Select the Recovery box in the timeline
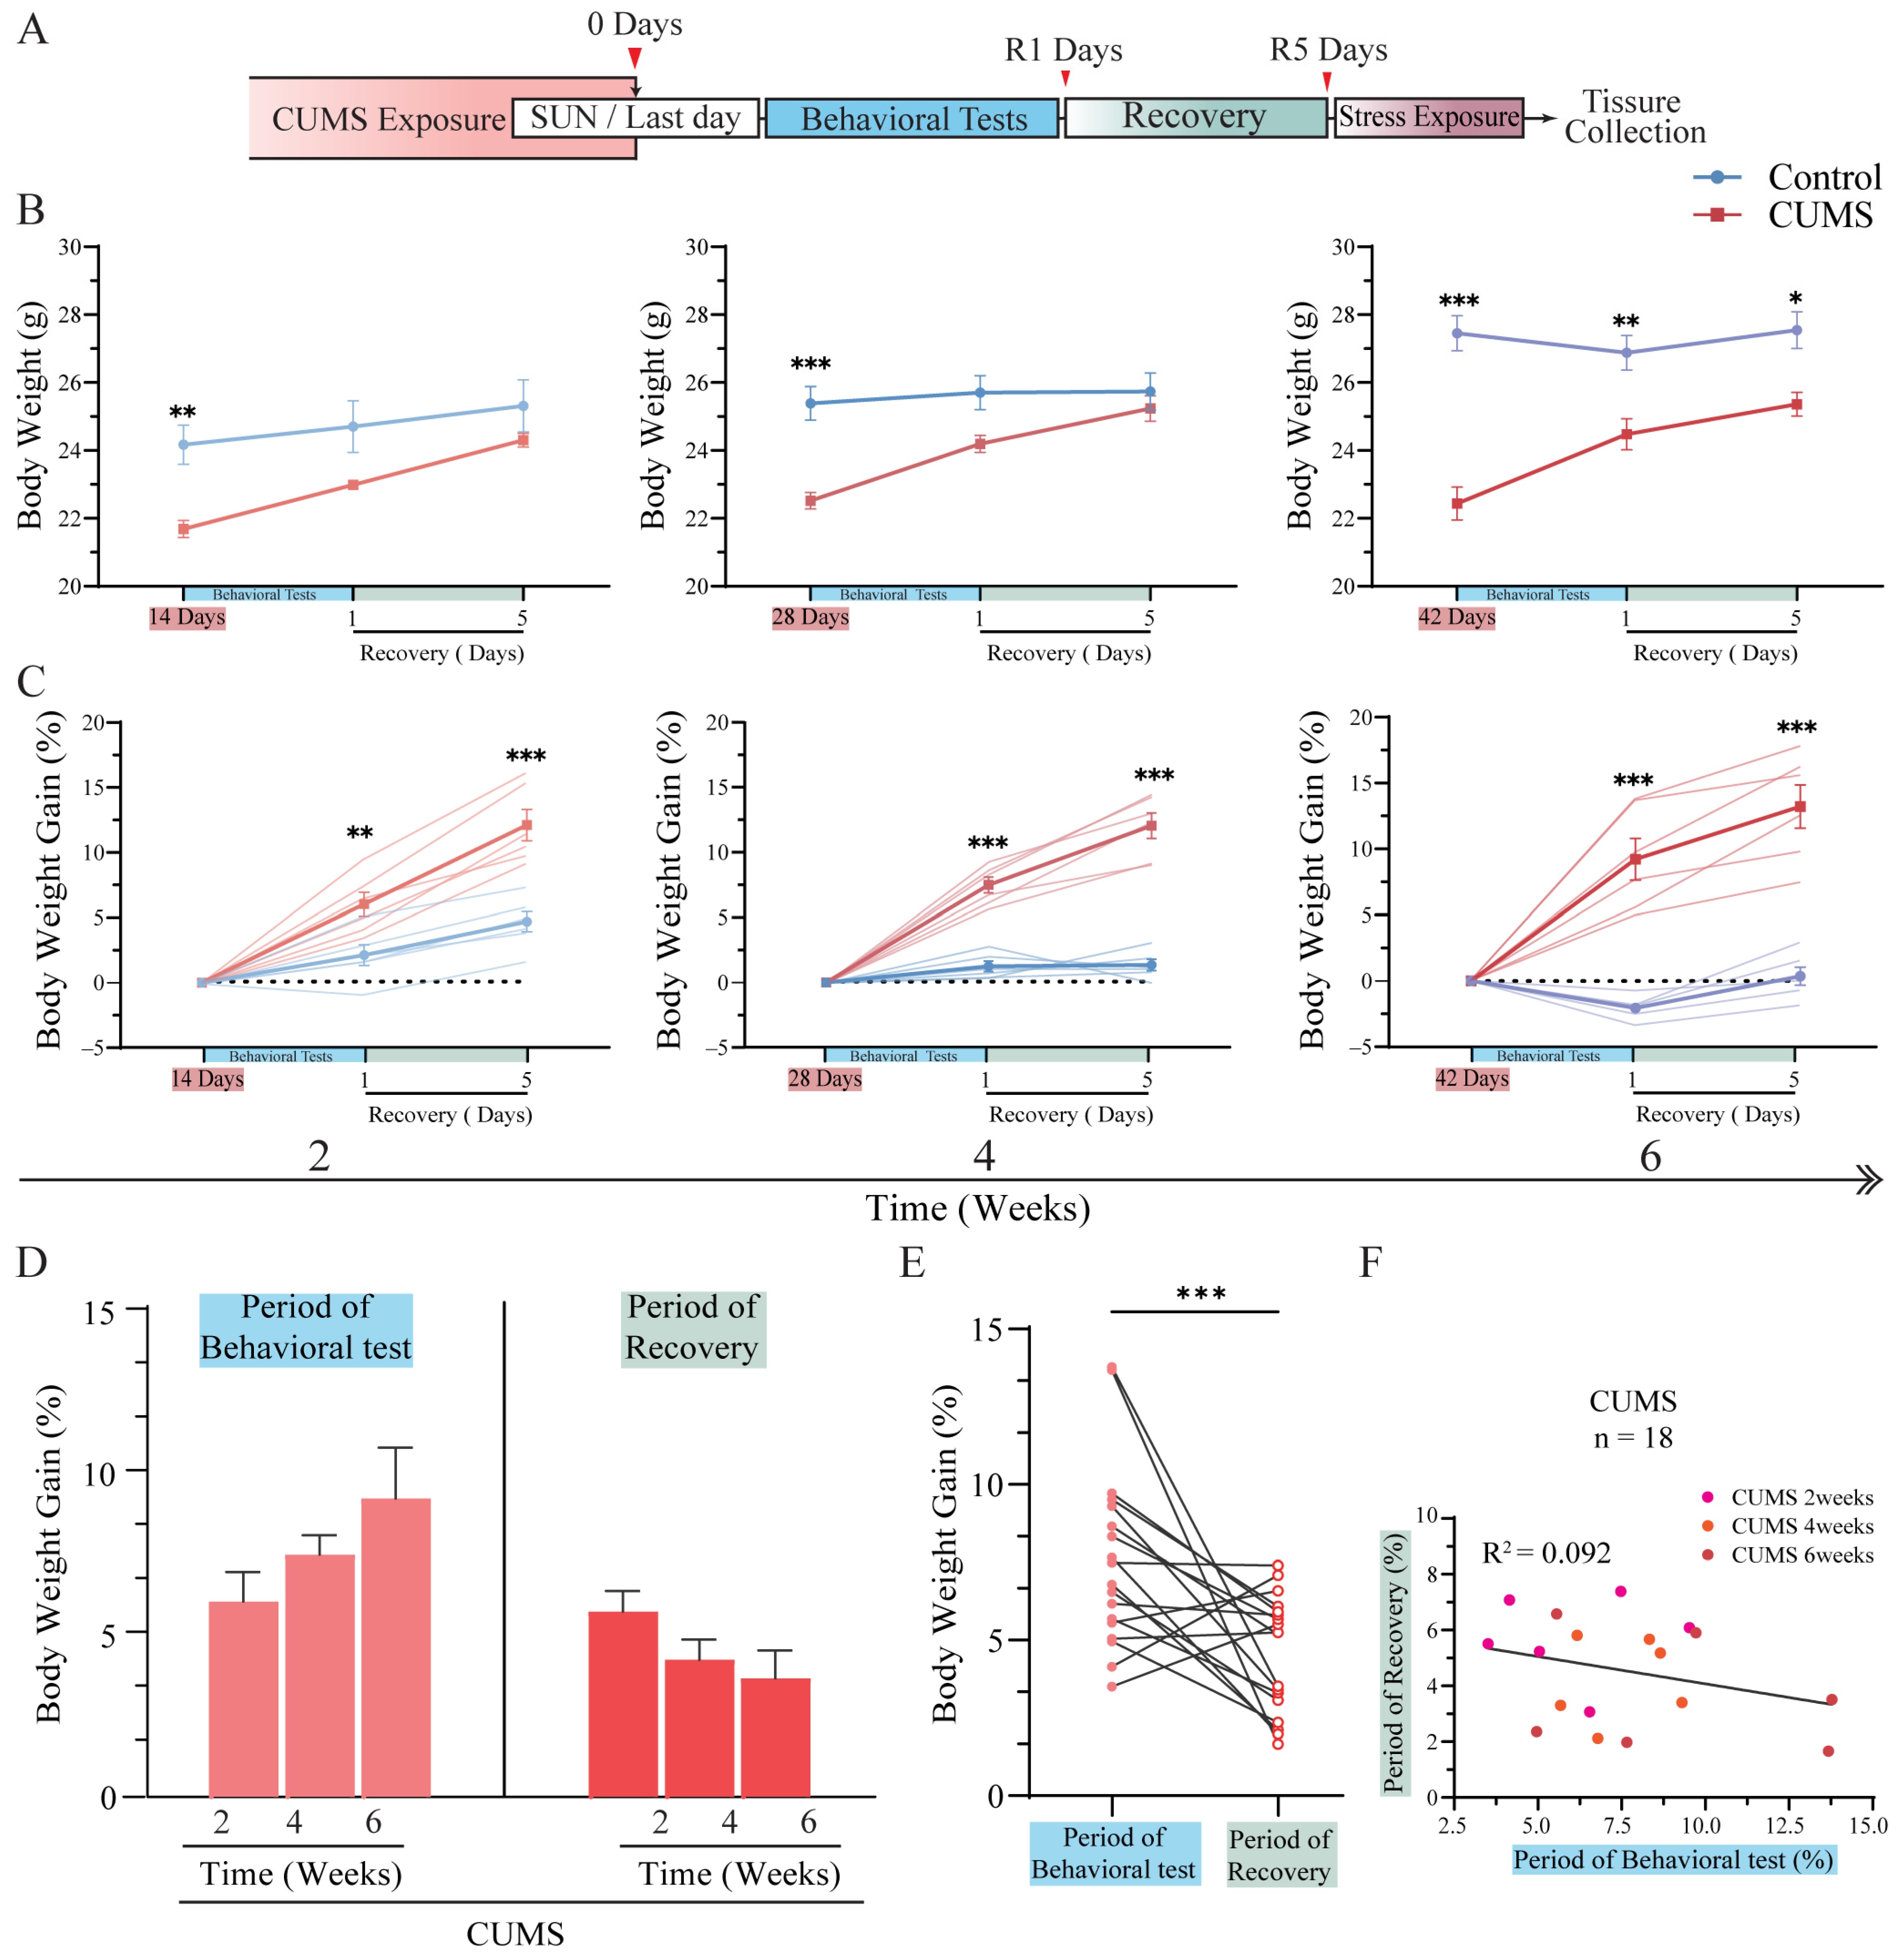click(1195, 117)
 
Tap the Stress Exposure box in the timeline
click(1428, 117)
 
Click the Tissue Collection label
click(1633, 117)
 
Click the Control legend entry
click(1787, 178)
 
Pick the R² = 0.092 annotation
click(1545, 1553)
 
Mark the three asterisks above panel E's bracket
click(1201, 1295)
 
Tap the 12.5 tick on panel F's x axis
click(1784, 1826)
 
